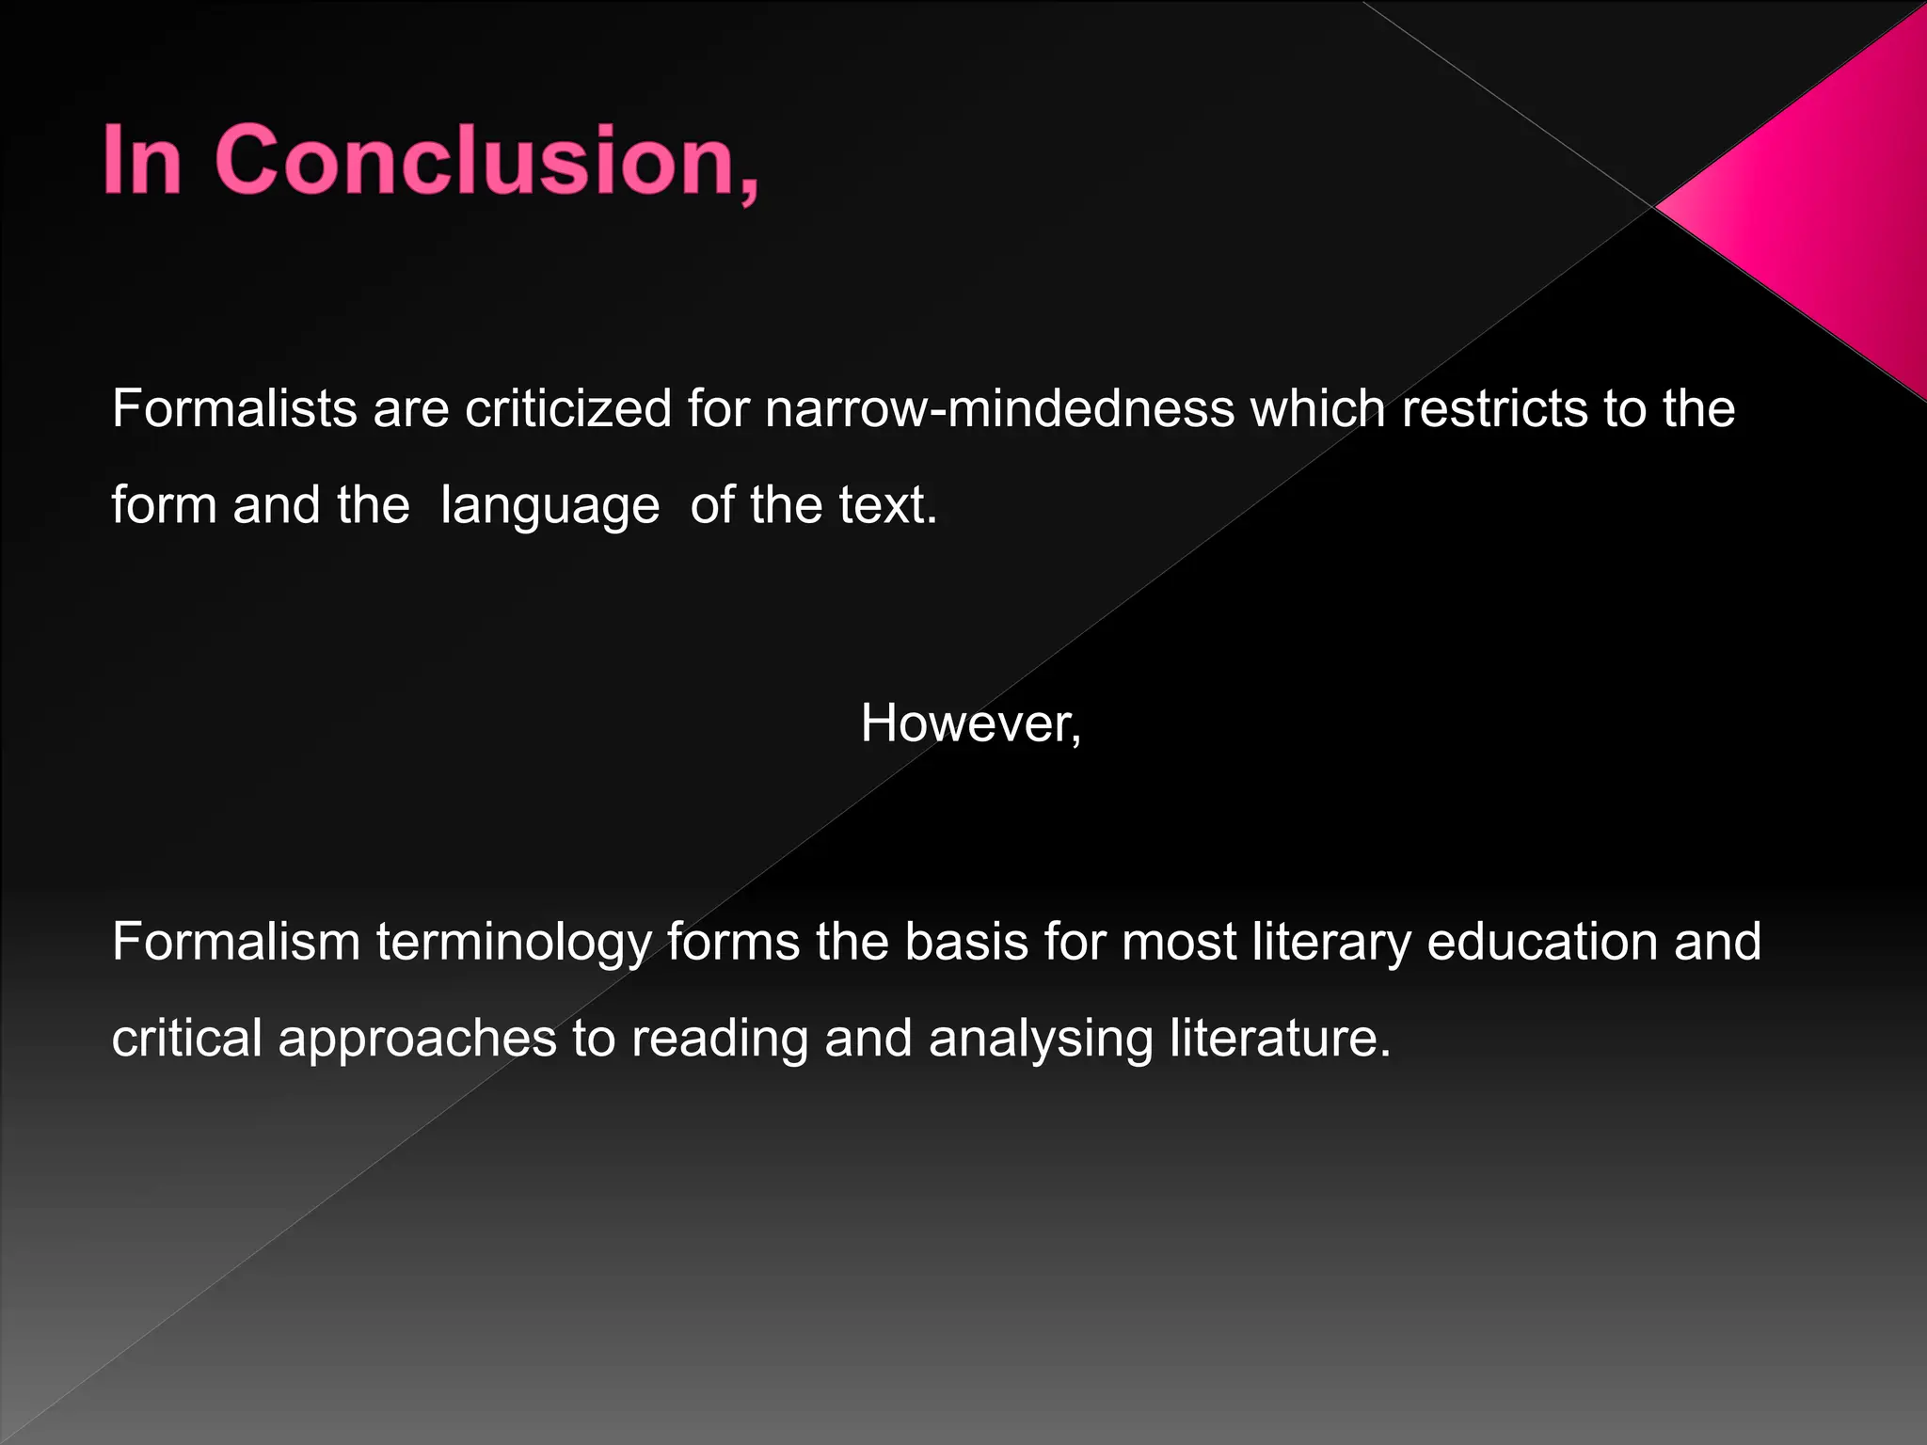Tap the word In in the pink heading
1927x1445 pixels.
141,161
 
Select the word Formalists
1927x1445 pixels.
234,409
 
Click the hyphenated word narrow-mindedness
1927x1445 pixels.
999,409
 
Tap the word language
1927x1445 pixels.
549,506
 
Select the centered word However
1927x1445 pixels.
969,724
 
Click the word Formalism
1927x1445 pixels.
236,942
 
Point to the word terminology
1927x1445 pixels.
514,944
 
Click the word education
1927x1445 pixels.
1542,942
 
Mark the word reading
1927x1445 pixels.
720,1040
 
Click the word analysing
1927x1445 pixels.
1041,1040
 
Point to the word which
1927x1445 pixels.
1318,409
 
